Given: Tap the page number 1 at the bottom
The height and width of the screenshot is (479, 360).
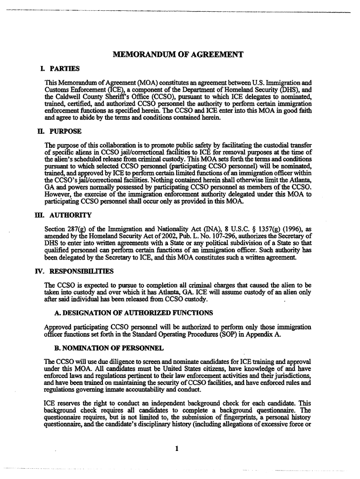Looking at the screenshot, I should point(177,450).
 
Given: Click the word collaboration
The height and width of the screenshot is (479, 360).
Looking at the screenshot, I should point(109,144).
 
